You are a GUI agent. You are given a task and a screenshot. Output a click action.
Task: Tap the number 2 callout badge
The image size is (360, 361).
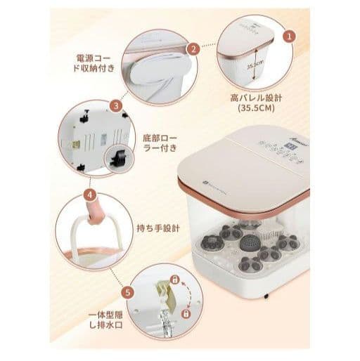192,48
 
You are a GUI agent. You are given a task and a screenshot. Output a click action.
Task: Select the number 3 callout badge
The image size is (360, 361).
117,107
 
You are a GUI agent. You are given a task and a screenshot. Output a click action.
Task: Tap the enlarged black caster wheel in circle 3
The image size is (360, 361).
118,159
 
